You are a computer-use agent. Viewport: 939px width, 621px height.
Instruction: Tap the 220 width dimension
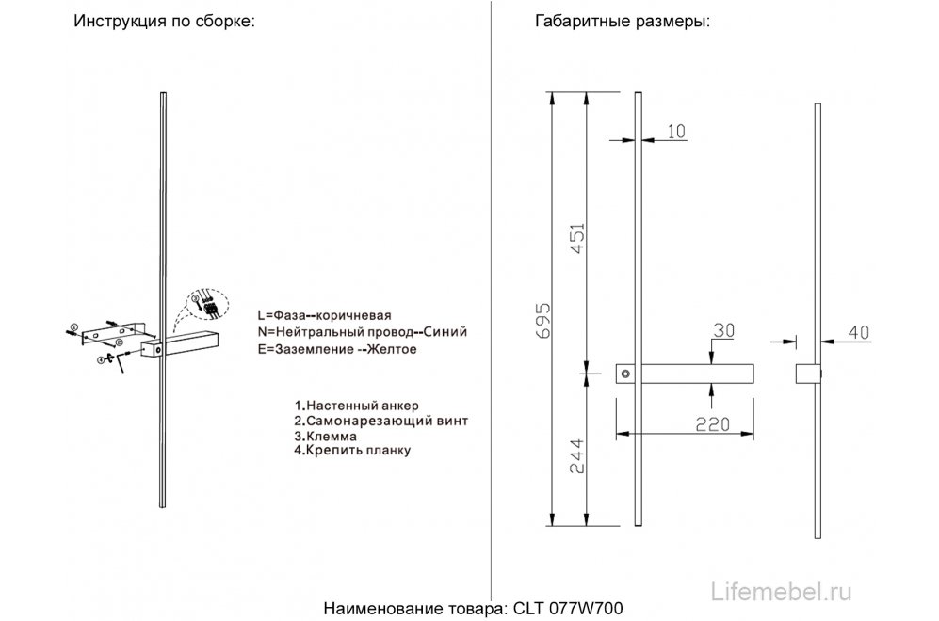713,424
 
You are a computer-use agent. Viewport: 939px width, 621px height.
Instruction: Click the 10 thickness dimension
675,132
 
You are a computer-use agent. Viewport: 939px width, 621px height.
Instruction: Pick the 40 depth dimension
857,331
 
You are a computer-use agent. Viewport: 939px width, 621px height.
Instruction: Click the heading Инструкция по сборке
165,22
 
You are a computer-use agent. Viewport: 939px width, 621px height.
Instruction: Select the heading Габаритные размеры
622,22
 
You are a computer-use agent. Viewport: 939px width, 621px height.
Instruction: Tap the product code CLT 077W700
562,608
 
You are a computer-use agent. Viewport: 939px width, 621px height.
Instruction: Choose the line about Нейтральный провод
361,332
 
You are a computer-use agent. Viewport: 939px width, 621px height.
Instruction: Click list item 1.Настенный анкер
356,406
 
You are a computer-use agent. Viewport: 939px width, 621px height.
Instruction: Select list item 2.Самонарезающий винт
380,421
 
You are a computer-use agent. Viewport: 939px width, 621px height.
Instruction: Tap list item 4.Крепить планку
352,451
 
